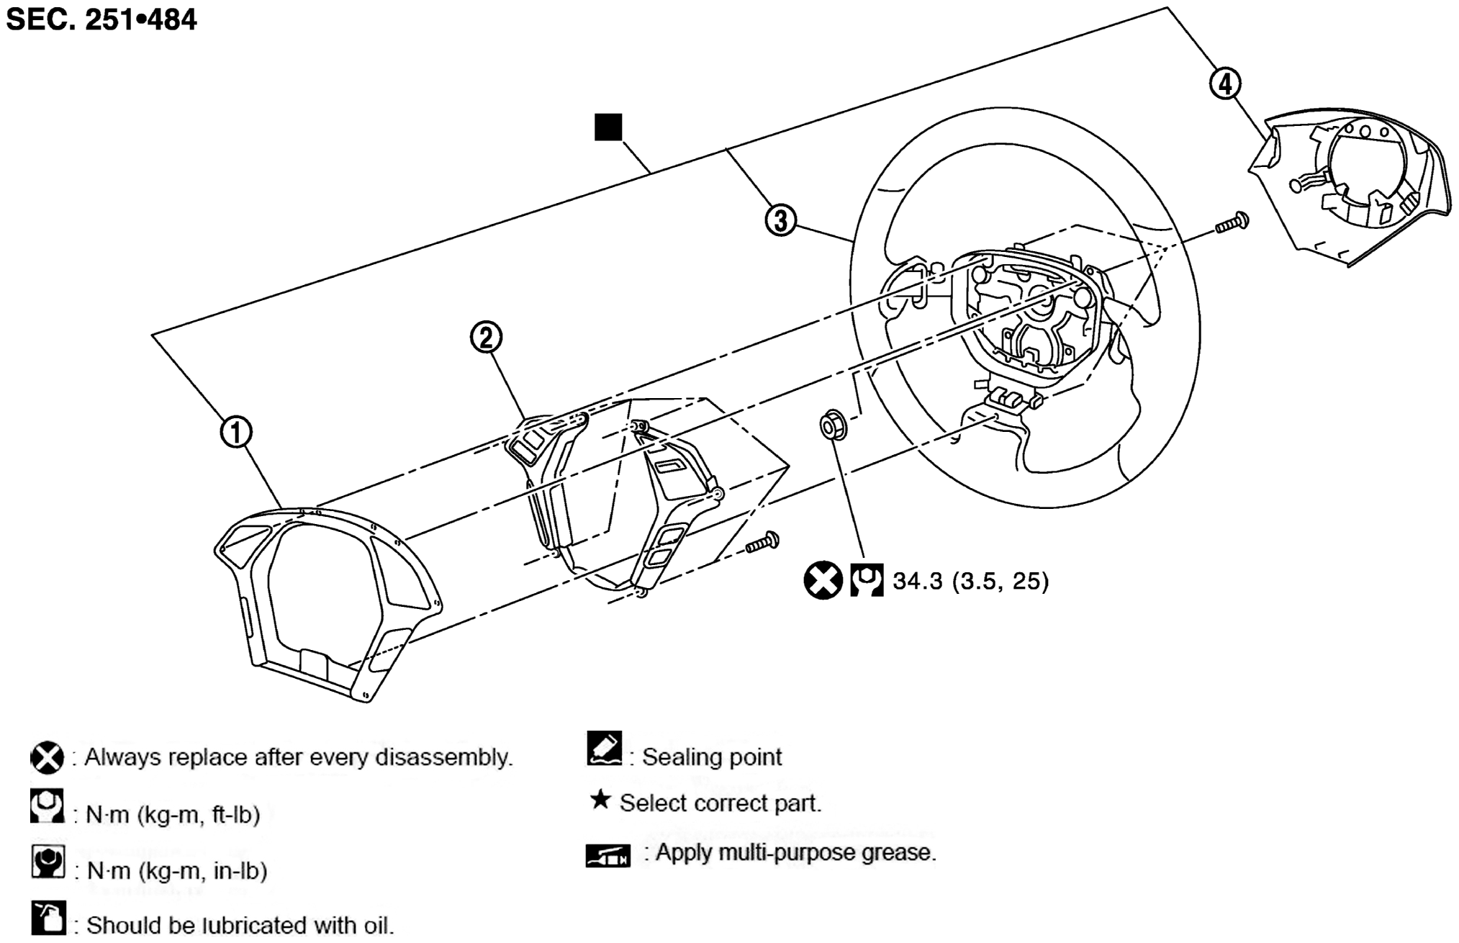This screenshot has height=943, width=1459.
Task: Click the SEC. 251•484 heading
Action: coord(101,19)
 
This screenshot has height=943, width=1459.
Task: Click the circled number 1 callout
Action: coord(236,433)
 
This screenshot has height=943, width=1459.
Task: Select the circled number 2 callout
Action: coord(486,337)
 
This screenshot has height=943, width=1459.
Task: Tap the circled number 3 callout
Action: coord(780,220)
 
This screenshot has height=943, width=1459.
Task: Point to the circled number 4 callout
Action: coord(1225,84)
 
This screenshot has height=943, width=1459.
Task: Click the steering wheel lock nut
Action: coord(832,426)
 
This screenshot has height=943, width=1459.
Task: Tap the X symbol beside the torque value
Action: coord(823,579)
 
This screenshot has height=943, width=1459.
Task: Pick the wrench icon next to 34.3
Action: coord(866,580)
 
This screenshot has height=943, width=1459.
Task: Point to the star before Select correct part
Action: coord(600,800)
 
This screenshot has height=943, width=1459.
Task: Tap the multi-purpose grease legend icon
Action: coord(607,855)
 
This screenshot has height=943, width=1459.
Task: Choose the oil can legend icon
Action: coord(48,919)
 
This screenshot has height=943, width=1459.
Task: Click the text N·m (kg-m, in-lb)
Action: coord(177,871)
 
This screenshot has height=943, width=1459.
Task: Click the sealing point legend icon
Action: coord(604,749)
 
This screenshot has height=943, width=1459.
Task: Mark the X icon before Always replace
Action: coord(47,758)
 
